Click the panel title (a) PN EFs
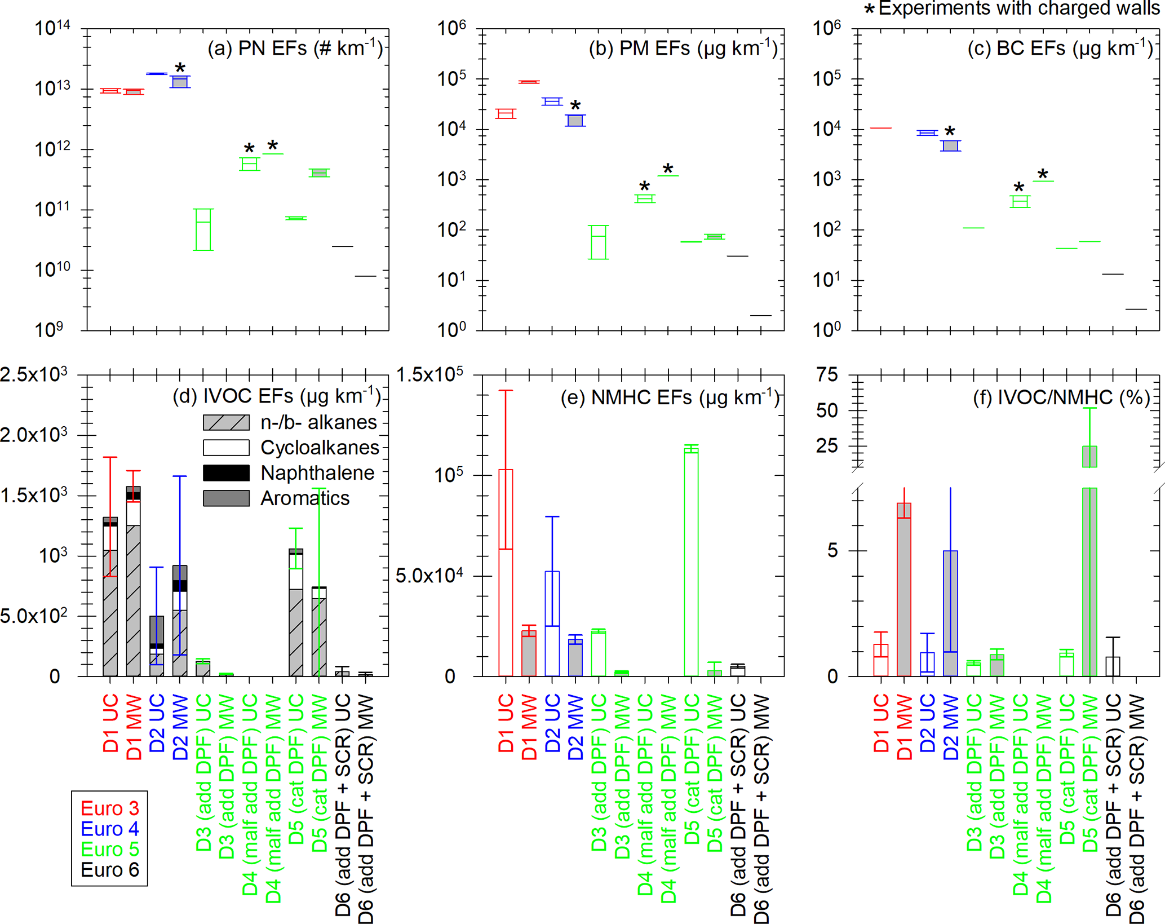coord(295,48)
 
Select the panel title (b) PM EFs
coord(683,48)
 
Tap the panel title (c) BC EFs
coord(1060,48)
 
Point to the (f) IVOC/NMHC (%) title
coord(1061,397)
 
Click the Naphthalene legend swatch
coord(226,473)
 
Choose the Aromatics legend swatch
coord(226,498)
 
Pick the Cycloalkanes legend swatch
coord(226,448)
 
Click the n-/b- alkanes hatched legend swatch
coord(226,422)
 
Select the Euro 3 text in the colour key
coord(110,808)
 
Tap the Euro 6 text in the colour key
coord(110,870)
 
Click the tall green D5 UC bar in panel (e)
coord(691,564)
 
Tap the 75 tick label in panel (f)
coord(827,374)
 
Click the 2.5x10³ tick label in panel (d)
coord(34,374)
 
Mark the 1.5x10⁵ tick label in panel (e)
coord(430,374)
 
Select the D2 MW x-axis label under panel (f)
coord(951,727)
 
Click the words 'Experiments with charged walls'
coord(1019,8)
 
